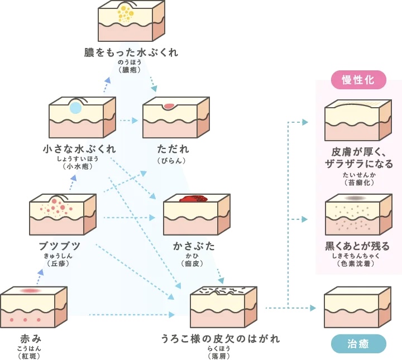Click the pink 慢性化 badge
pos(358,80)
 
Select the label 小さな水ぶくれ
pos(80,149)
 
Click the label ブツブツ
pos(59,246)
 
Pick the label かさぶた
pos(194,246)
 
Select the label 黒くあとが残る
pos(357,246)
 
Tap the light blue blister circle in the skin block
pos(75,108)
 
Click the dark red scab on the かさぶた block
pos(193,199)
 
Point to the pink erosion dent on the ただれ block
pos(169,105)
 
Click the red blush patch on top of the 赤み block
pos(31,291)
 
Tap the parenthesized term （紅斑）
pos(31,356)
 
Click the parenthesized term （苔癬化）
pos(358,183)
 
